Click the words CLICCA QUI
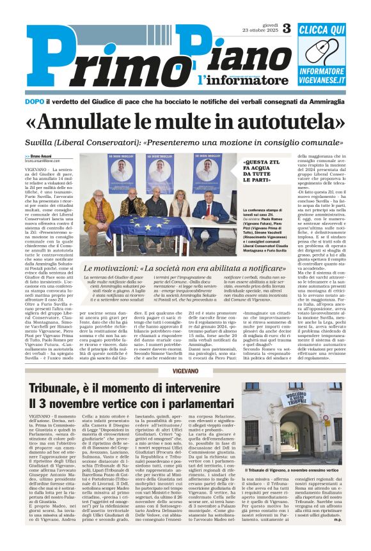(322, 29)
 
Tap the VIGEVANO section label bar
(185, 371)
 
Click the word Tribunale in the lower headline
(61, 388)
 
